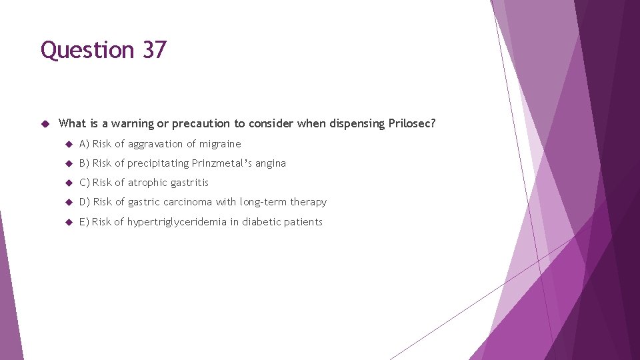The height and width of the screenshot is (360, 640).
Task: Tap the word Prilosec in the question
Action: (x=411, y=123)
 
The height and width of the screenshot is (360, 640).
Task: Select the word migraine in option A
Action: (x=220, y=144)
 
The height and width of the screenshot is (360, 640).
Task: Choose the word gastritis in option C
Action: (x=189, y=183)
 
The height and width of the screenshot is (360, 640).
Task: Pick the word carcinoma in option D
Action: (x=187, y=202)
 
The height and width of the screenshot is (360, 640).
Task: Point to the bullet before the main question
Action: (x=45, y=123)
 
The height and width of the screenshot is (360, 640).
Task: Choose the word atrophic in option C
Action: (x=147, y=183)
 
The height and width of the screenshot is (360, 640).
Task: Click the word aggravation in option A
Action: (x=155, y=144)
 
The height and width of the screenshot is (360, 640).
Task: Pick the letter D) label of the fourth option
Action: (x=84, y=202)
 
